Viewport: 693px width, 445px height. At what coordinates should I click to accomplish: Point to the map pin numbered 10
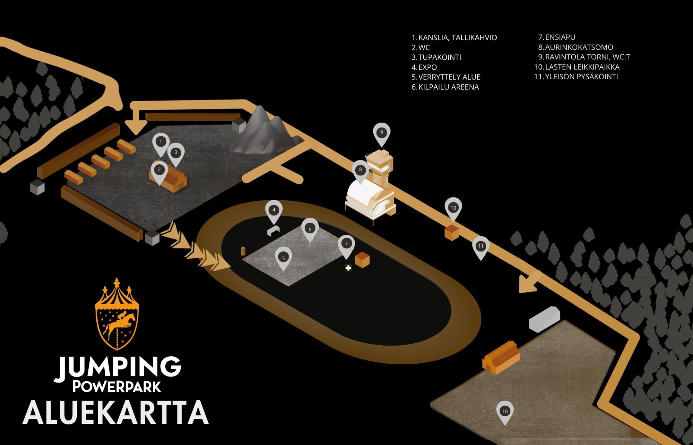coord(453,209)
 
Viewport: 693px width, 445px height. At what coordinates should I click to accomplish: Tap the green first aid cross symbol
coord(348,268)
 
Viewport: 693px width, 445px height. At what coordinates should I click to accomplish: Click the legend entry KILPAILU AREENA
coord(445,87)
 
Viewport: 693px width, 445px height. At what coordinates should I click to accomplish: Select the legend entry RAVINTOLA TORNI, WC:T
coord(584,57)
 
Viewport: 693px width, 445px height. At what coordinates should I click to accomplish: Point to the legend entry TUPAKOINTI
coord(436,57)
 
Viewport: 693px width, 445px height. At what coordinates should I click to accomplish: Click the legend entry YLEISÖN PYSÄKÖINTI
coord(576,77)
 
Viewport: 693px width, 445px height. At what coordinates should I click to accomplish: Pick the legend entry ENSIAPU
coord(557,37)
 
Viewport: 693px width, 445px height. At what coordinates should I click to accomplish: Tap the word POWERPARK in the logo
coord(117,387)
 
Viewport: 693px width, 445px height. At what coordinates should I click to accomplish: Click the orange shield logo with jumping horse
coord(117,314)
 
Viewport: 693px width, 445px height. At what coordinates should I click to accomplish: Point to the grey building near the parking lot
coord(544,319)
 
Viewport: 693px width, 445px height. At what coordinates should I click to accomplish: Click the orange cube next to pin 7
coord(362,259)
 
